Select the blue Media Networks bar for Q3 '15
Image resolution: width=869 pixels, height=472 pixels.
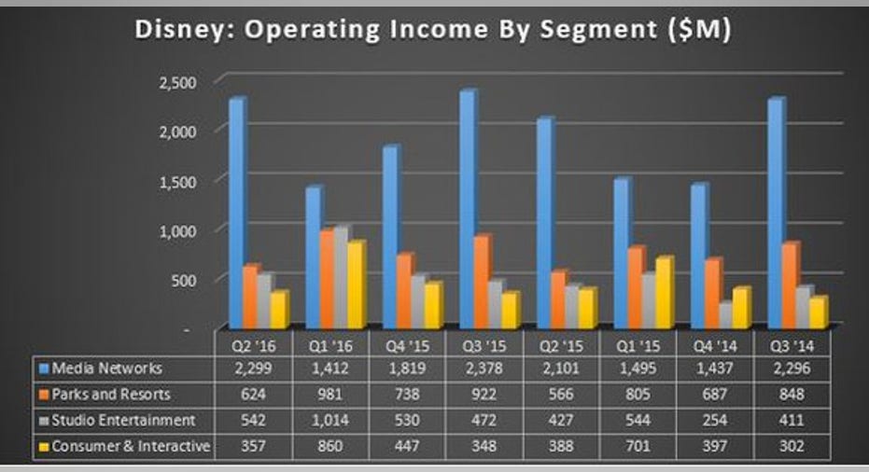coord(467,210)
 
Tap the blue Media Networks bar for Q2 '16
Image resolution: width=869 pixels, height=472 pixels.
coord(236,215)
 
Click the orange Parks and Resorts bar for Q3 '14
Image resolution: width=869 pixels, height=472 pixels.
coord(790,285)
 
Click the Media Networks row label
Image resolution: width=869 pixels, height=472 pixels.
coord(107,368)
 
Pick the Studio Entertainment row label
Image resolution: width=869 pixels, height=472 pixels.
coord(124,421)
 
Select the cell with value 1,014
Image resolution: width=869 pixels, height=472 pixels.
coord(329,421)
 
